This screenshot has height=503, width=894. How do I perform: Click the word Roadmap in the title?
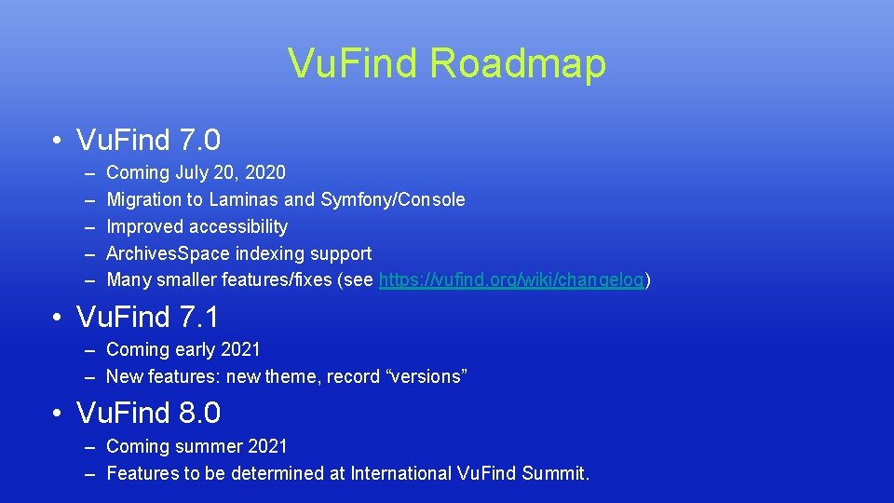tap(518, 63)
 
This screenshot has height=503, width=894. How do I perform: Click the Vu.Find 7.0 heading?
tap(149, 141)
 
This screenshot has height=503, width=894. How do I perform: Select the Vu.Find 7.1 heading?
tap(148, 318)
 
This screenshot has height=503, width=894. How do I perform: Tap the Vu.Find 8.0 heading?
tap(149, 413)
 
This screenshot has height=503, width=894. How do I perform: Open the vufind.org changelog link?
tap(512, 280)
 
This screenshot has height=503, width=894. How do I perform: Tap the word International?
tap(401, 473)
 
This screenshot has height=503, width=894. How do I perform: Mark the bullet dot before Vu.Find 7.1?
tap(58, 319)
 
